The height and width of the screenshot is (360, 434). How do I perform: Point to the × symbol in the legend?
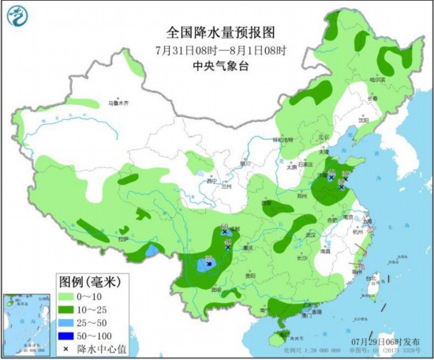click(70, 348)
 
